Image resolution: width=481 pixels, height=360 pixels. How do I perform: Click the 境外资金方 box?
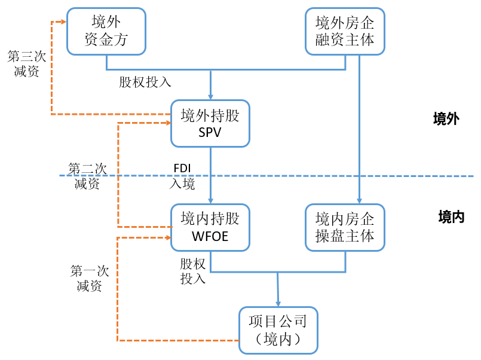(x=106, y=31)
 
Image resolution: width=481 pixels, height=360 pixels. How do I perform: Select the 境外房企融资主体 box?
(x=345, y=31)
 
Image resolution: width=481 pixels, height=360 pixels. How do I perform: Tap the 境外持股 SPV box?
(x=210, y=124)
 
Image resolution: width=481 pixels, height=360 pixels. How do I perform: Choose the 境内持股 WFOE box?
(x=210, y=227)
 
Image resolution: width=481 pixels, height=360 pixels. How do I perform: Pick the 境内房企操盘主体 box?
(x=345, y=227)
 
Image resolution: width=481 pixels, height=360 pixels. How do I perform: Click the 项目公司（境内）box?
(x=278, y=330)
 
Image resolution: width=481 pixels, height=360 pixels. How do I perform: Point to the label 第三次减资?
(x=23, y=63)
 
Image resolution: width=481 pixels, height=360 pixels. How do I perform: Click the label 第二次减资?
(x=87, y=176)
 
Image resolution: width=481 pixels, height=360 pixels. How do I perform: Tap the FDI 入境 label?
(x=182, y=176)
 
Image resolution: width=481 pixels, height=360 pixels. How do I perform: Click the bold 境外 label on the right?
(x=446, y=118)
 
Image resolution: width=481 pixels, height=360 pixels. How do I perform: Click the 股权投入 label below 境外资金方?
(x=145, y=83)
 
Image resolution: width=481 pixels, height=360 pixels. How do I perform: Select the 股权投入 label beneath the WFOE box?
(x=192, y=271)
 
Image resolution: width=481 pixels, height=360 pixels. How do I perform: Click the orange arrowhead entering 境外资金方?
(x=63, y=22)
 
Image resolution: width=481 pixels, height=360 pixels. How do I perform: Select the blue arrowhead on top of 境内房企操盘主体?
(x=359, y=200)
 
